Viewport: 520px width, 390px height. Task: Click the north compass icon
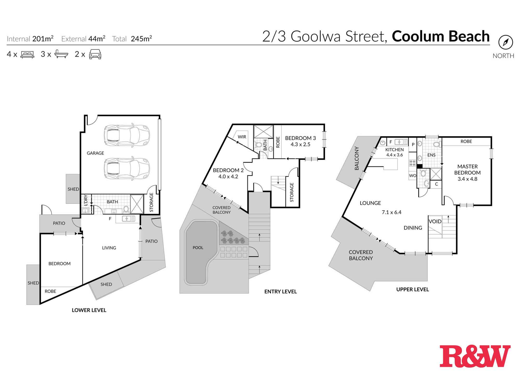coord(505,42)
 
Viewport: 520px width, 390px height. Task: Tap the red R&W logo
coord(475,356)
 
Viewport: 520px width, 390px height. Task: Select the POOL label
coord(198,248)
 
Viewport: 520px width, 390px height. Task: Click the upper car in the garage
coord(127,135)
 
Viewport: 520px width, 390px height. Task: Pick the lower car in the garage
coord(127,168)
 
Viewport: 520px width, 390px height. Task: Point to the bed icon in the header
coord(27,54)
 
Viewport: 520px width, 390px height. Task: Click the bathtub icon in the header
coord(61,54)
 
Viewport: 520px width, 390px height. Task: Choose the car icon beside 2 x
coord(95,54)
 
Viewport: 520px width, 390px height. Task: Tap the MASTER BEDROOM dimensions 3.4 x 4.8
coord(467,179)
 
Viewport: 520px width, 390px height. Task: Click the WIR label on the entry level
coord(242,137)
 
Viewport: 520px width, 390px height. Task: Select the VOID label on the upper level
coord(435,221)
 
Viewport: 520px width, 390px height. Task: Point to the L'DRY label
coord(86,200)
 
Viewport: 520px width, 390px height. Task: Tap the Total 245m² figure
coord(141,39)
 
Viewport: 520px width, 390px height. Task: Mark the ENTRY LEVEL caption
coord(280,291)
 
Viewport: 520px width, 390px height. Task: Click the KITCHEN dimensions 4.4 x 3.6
coord(394,155)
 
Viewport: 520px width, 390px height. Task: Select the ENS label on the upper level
coord(431,155)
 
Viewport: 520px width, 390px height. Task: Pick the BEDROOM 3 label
coord(300,138)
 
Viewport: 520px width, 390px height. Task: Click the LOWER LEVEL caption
coord(89,310)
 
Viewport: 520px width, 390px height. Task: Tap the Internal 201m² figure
coord(43,39)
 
